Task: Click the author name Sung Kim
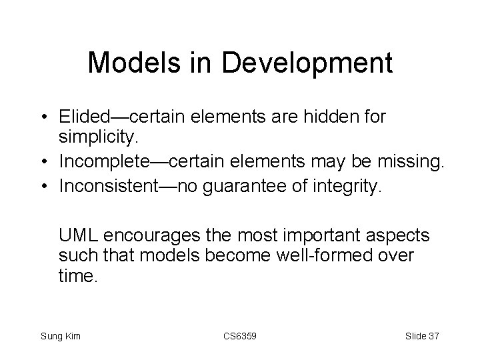pos(61,336)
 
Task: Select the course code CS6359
pos(239,336)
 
